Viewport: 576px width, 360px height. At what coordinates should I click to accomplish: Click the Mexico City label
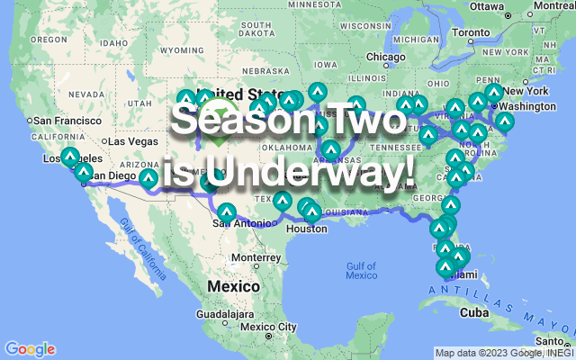point(267,326)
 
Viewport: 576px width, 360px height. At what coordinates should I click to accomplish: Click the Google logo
point(30,349)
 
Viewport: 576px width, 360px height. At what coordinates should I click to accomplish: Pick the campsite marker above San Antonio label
point(226,211)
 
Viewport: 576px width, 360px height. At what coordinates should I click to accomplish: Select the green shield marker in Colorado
point(219,139)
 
